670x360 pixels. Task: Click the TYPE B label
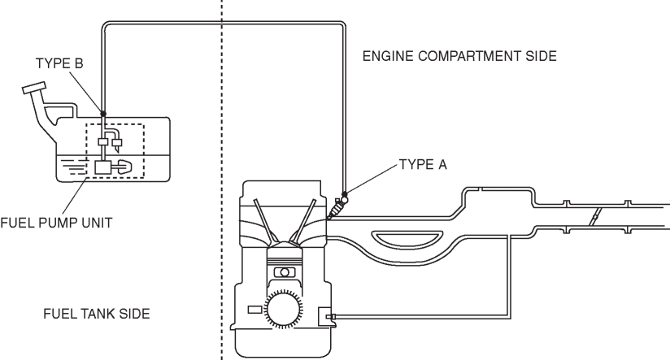(x=59, y=63)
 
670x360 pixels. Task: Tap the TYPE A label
(x=423, y=165)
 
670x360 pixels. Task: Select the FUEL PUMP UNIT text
(x=56, y=223)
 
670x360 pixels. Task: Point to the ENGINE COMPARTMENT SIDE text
(x=459, y=56)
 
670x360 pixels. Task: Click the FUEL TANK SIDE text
(x=97, y=314)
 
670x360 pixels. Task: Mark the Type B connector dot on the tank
(x=103, y=114)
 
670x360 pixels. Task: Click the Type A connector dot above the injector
(x=345, y=194)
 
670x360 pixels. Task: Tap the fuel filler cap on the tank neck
(x=34, y=88)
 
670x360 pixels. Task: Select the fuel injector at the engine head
(x=337, y=208)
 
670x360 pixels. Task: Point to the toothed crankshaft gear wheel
(x=283, y=308)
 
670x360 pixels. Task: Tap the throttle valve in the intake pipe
(x=594, y=216)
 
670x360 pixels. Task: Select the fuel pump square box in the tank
(x=102, y=167)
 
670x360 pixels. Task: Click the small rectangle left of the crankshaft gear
(x=255, y=310)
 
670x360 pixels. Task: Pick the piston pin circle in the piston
(x=285, y=272)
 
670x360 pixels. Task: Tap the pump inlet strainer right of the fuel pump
(x=124, y=167)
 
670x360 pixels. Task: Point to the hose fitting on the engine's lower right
(x=330, y=316)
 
